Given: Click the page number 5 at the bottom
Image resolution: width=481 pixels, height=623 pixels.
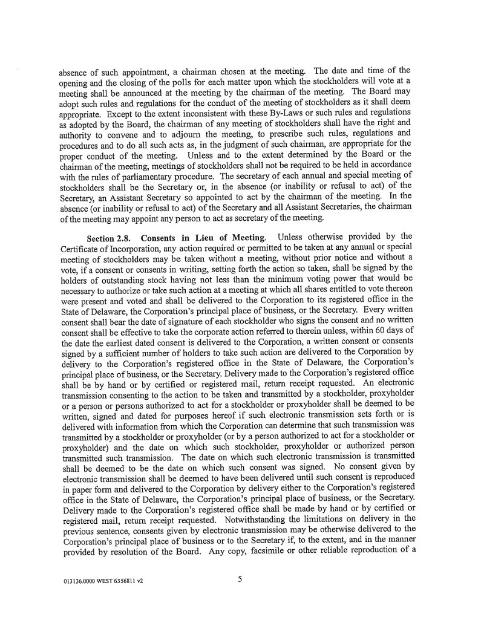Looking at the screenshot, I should [x=240, y=579].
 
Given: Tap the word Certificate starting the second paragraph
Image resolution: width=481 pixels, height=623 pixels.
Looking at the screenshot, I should [x=80, y=246].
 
